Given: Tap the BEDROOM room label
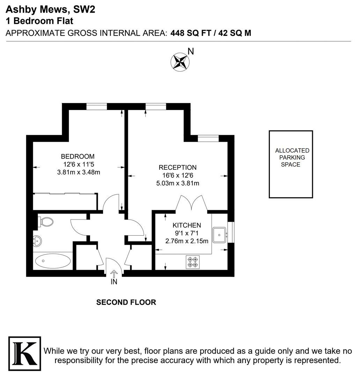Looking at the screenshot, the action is (x=78, y=156).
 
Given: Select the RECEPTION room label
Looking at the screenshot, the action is (x=177, y=167).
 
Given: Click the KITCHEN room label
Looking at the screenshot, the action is (x=186, y=225).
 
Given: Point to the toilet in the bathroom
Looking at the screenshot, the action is (x=46, y=222).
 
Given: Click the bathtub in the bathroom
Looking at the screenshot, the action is (x=53, y=261).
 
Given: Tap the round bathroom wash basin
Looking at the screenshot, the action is (x=37, y=241).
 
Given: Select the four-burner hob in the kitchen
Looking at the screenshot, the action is (x=193, y=262).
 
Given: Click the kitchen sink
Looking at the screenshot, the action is (x=219, y=235).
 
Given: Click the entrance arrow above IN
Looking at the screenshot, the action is (x=114, y=274).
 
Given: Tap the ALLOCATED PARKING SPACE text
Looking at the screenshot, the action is (x=292, y=157).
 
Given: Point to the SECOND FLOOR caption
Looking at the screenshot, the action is (x=126, y=302).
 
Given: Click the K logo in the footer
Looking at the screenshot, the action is (x=25, y=354).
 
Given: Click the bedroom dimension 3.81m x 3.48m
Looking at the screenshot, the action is (x=79, y=172).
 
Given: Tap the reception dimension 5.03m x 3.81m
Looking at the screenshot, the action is (x=178, y=183).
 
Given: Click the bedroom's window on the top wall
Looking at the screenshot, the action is (x=97, y=106).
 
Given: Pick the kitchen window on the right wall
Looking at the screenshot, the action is (x=231, y=232).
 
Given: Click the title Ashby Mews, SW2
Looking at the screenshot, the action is (x=50, y=10).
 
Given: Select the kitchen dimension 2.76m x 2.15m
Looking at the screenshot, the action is (x=187, y=241).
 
